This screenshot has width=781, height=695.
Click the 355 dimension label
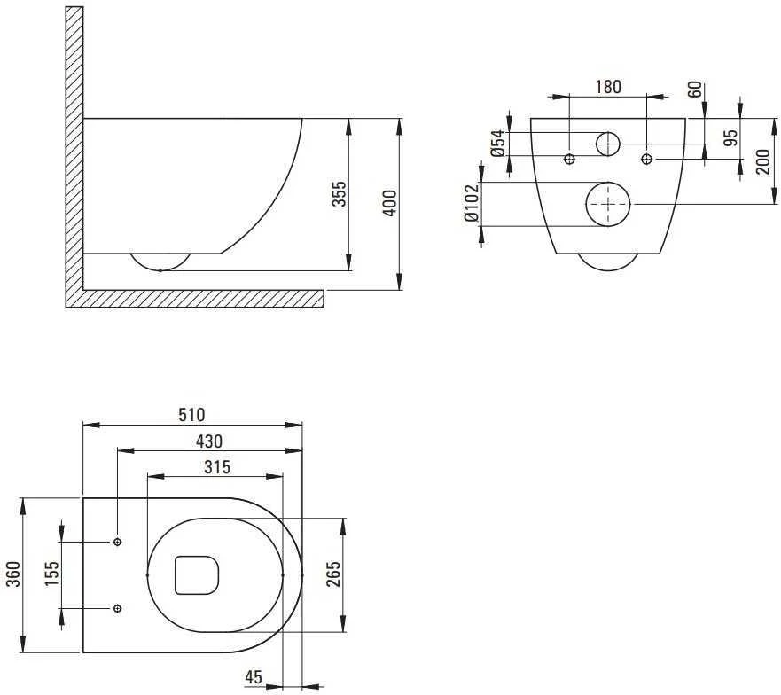tap(339, 194)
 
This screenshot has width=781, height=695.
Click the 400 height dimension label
tap(390, 203)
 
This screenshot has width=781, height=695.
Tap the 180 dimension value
tap(608, 87)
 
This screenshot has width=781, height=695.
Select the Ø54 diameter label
tap(498, 144)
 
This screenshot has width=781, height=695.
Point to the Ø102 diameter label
tap(472, 203)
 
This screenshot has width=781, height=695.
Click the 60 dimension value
tap(695, 90)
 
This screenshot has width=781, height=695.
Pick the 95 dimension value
tap(730, 138)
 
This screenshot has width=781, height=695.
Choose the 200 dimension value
tap(763, 161)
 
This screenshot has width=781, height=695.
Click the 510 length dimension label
tap(191, 415)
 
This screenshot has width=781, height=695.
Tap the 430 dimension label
tap(209, 441)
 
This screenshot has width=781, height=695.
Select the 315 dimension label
tap(218, 467)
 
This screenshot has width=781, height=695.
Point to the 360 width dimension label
tap(13, 574)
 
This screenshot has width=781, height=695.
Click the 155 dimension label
tap(51, 574)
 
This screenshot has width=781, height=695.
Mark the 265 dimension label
tap(332, 574)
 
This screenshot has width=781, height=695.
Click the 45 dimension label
tap(254, 677)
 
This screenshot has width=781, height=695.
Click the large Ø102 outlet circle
tap(608, 183)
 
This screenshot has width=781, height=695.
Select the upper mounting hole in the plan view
tap(118, 542)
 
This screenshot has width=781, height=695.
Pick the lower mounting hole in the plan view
tap(118, 608)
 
